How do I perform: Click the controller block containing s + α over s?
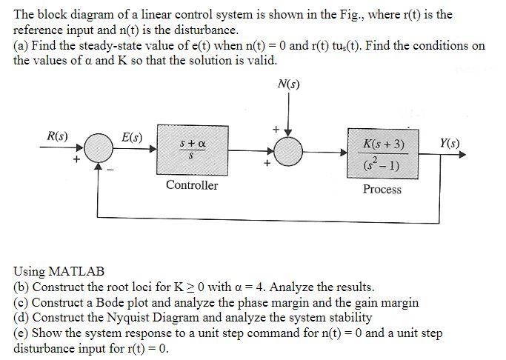[x=191, y=153]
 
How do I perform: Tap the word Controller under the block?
[x=192, y=185]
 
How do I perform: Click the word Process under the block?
[x=382, y=190]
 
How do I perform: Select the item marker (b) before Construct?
[x=21, y=287]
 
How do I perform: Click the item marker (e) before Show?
[x=21, y=333]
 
